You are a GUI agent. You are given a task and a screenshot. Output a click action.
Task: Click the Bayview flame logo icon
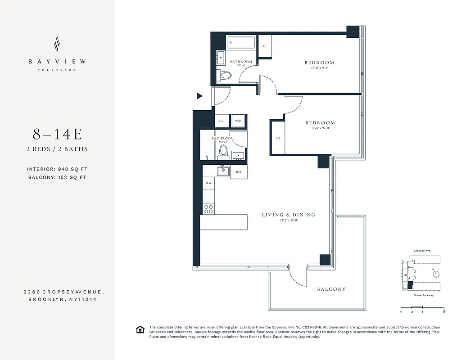(57, 45)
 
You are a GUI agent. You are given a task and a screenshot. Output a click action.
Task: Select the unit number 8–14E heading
(57, 134)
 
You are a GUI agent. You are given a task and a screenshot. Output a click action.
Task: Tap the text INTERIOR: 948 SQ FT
(57, 169)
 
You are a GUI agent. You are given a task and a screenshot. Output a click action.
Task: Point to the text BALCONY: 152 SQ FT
(57, 177)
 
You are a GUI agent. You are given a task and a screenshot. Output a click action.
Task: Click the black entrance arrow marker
(199, 96)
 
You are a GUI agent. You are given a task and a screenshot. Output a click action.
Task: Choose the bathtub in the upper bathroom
(240, 43)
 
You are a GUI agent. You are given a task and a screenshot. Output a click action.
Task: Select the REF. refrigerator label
(239, 172)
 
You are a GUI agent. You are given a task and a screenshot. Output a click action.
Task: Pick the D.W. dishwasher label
(208, 183)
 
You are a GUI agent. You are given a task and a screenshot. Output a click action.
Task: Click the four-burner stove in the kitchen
(208, 208)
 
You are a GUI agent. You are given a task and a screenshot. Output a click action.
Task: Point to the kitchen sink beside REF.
(222, 171)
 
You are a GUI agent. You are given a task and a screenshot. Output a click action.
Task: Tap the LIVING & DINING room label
(289, 215)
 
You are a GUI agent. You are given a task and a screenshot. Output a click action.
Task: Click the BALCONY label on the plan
(331, 289)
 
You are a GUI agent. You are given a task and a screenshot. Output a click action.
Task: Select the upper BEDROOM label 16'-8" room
(319, 63)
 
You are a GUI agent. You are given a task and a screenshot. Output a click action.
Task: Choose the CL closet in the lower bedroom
(278, 138)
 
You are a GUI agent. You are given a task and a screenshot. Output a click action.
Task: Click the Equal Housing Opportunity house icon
(140, 330)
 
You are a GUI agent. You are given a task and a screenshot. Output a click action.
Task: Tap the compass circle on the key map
(435, 273)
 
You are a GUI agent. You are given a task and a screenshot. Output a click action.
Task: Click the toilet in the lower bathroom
(223, 152)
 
